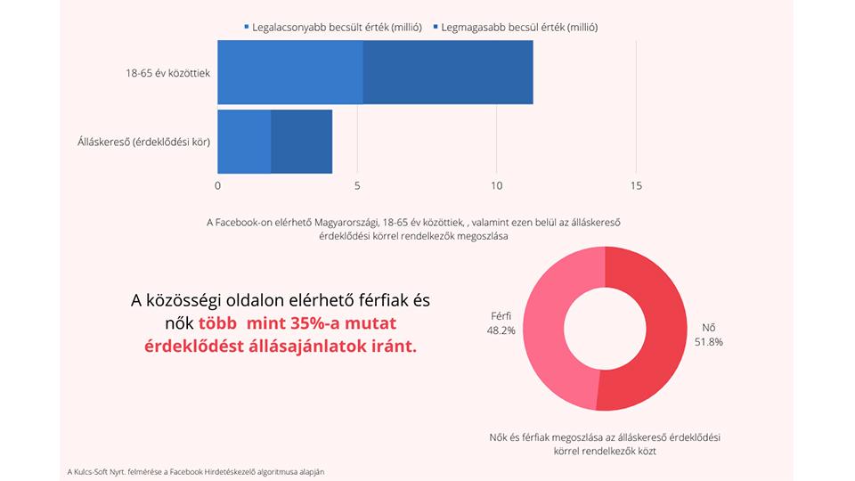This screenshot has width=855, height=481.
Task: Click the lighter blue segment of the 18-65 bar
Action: coord(290,72)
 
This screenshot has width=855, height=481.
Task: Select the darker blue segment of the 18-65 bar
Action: coord(448,72)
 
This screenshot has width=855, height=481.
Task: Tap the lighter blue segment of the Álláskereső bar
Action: coord(244,142)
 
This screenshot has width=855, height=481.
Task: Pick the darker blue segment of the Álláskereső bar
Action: coord(301,142)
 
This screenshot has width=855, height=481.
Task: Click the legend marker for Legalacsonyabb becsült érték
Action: coord(247,28)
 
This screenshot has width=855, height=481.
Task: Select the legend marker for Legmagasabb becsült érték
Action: coord(435,28)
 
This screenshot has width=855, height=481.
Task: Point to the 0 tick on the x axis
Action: coord(218,186)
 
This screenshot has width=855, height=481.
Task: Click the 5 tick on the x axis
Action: coord(357,186)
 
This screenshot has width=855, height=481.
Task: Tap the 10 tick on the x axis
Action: coord(496,186)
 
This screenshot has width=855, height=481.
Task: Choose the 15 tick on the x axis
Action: coord(635,186)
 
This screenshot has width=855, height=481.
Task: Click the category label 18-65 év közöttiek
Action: coord(167,73)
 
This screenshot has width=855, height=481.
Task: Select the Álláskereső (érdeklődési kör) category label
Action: coord(143,142)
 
